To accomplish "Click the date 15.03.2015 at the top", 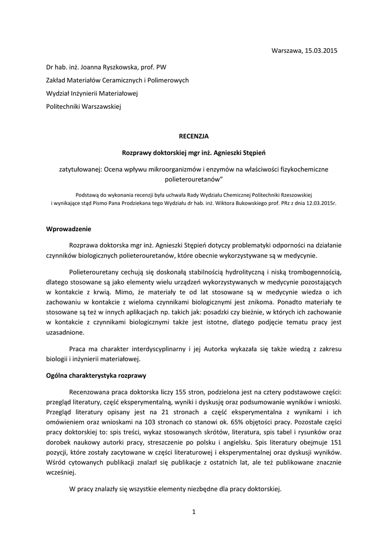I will point(322,51).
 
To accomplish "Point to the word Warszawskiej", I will point(103,106).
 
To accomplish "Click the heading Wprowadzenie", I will point(69,230).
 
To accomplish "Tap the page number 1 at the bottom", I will point(194,512).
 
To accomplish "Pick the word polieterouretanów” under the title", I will point(194,179).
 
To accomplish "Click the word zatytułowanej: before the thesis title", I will point(81,169).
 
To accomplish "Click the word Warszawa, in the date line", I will point(287,51).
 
